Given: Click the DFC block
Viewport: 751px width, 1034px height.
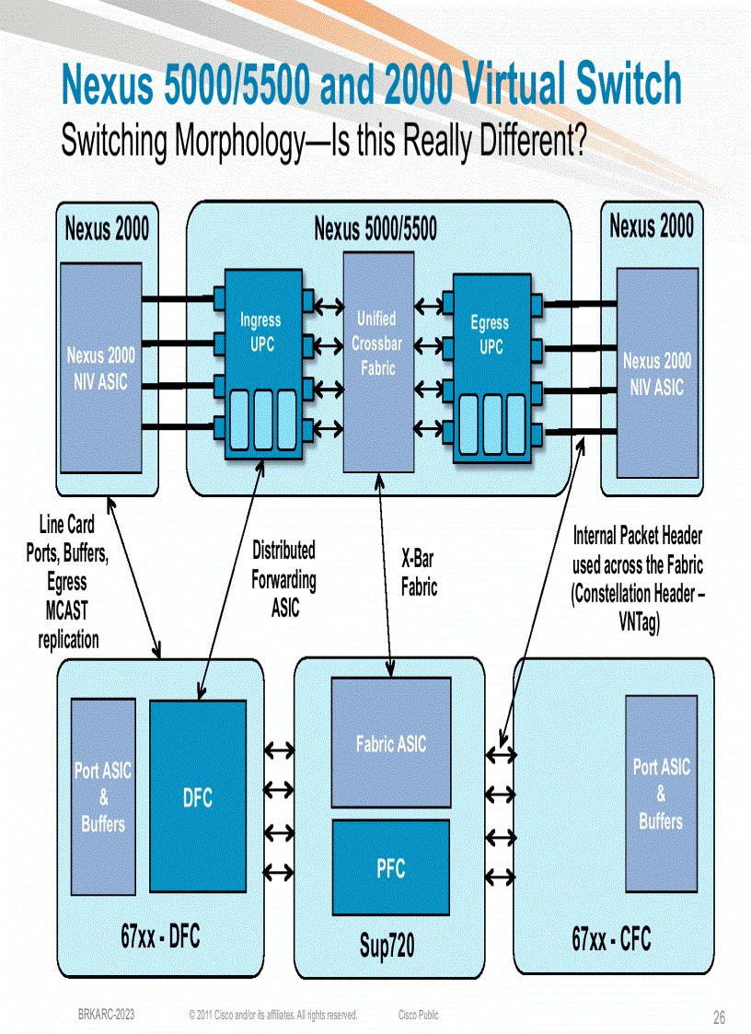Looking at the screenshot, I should (x=197, y=796).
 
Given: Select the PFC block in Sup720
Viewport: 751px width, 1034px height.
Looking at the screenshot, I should (x=390, y=867).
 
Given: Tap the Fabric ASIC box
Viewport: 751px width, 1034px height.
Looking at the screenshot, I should (x=390, y=743).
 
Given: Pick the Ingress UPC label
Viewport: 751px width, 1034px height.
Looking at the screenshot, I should (x=260, y=332).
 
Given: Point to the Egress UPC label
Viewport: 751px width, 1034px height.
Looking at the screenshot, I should (x=490, y=335).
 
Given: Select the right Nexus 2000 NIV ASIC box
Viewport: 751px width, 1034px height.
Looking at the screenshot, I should (x=656, y=373).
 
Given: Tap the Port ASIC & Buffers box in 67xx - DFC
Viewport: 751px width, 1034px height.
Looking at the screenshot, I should (x=103, y=796).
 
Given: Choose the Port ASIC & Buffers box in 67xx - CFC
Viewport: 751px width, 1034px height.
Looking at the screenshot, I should (x=661, y=793).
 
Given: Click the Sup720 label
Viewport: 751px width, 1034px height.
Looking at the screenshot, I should (x=387, y=946).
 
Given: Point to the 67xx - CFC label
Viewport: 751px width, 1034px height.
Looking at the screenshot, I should (x=611, y=939).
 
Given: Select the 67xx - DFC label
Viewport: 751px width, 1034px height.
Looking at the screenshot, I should (x=160, y=937).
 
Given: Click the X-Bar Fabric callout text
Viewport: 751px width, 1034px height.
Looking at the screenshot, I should (x=419, y=574).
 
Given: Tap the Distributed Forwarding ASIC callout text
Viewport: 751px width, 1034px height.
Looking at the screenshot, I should (x=283, y=579).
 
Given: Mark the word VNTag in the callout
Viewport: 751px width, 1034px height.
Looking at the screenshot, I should (x=638, y=623).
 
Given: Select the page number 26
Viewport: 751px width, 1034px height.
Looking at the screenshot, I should (x=720, y=1017).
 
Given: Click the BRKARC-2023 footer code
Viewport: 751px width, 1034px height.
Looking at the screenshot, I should (x=107, y=1015).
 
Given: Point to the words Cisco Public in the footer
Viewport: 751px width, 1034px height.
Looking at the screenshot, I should (x=419, y=1015).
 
